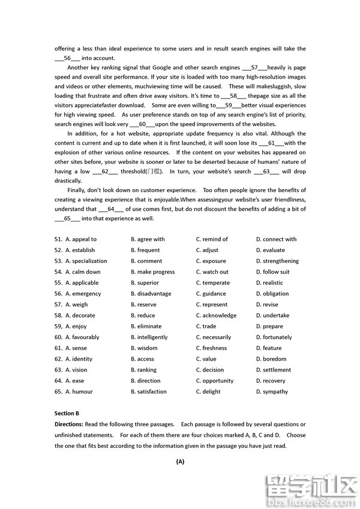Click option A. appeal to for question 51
(x=81, y=239)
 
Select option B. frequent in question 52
(x=145, y=250)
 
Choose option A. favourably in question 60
(x=82, y=337)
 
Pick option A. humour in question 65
(x=79, y=391)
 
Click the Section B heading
(x=67, y=414)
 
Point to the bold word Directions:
(x=70, y=424)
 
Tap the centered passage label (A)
(x=180, y=462)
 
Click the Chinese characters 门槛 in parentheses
(x=154, y=172)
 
